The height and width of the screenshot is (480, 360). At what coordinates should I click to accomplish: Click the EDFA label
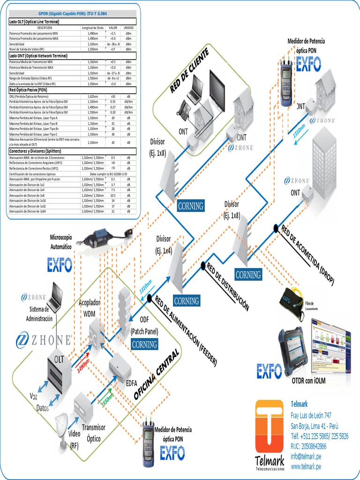(x=131, y=382)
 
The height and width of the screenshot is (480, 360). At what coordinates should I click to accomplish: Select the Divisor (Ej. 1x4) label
(x=164, y=245)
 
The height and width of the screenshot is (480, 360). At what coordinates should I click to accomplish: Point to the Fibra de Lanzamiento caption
(x=315, y=306)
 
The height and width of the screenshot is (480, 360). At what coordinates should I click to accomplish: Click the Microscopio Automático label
(x=61, y=241)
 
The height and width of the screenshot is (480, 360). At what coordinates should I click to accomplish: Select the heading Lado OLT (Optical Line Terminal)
(x=38, y=22)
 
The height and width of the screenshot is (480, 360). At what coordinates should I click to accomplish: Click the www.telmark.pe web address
(x=306, y=466)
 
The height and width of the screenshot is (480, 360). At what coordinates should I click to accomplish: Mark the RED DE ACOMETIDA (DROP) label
(x=307, y=255)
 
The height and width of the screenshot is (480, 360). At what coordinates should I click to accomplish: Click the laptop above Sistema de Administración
(x=55, y=297)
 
